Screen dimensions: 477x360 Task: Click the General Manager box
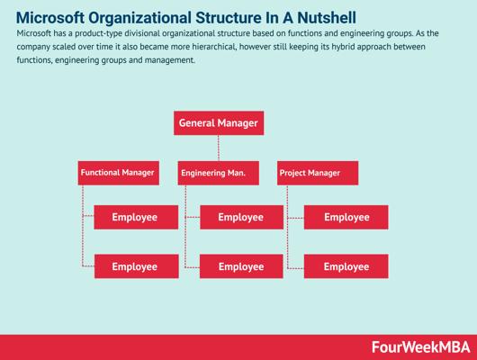pos(219,123)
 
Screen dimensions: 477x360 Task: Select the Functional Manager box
pos(118,173)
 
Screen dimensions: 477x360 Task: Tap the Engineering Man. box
pos(219,173)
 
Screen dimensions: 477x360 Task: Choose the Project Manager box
pos(318,173)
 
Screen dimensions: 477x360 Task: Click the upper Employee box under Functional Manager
pos(136,217)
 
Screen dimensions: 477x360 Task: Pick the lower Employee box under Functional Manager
pos(136,266)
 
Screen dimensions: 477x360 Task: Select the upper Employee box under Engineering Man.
pos(241,217)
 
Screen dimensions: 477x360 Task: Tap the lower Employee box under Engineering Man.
pos(241,266)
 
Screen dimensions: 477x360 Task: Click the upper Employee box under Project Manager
pos(346,217)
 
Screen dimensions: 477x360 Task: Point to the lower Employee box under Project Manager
pos(346,266)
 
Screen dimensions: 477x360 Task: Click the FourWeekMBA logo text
pos(420,347)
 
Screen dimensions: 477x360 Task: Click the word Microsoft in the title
pos(50,18)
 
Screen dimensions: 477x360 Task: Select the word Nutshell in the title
pos(327,18)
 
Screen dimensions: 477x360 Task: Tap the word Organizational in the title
pos(139,18)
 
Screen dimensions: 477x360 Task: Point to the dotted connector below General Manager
pos(219,148)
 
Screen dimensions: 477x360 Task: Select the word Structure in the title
pos(229,18)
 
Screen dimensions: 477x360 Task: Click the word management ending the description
pos(169,60)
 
